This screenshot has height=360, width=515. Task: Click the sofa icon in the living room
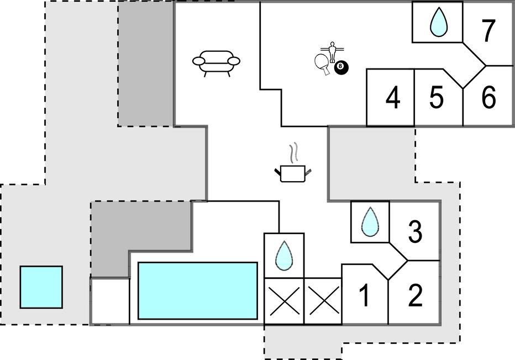[x=216, y=63]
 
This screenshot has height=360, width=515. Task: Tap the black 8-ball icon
[x=341, y=67]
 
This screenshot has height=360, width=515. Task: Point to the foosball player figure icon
[x=333, y=51]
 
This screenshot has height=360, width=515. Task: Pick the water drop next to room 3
[x=370, y=221]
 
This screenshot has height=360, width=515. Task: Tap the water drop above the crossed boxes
[x=284, y=255]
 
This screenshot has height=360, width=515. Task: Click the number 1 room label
[x=364, y=295]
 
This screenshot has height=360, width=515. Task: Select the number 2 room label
[x=415, y=295]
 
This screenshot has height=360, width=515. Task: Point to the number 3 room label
[x=415, y=232]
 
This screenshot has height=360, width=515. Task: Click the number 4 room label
[x=393, y=98]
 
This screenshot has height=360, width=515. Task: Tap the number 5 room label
[x=437, y=97]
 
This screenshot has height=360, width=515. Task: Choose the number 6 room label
[x=488, y=97]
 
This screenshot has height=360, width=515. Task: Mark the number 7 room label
[x=488, y=30]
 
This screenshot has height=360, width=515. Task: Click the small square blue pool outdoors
[x=41, y=287]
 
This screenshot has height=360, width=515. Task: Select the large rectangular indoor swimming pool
[x=198, y=290]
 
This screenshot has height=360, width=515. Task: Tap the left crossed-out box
[x=284, y=301]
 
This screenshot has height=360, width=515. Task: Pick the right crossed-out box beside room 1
[x=324, y=301]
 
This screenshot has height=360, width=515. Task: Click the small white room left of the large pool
[x=110, y=301]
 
